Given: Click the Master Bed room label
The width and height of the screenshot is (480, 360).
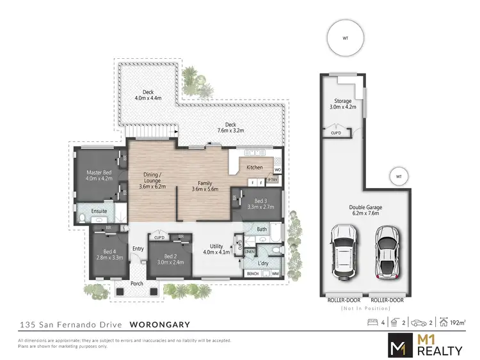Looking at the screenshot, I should (x=99, y=172).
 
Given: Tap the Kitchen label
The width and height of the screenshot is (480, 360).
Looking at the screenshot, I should (x=255, y=168).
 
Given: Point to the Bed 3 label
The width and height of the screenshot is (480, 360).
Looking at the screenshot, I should (x=252, y=202).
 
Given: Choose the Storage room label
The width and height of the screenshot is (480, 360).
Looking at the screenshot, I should (x=343, y=101).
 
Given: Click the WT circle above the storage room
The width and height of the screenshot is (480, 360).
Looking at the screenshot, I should (x=346, y=38).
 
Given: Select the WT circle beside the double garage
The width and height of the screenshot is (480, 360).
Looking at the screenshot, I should (x=397, y=176).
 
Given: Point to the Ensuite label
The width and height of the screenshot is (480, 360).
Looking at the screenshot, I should (x=99, y=210).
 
